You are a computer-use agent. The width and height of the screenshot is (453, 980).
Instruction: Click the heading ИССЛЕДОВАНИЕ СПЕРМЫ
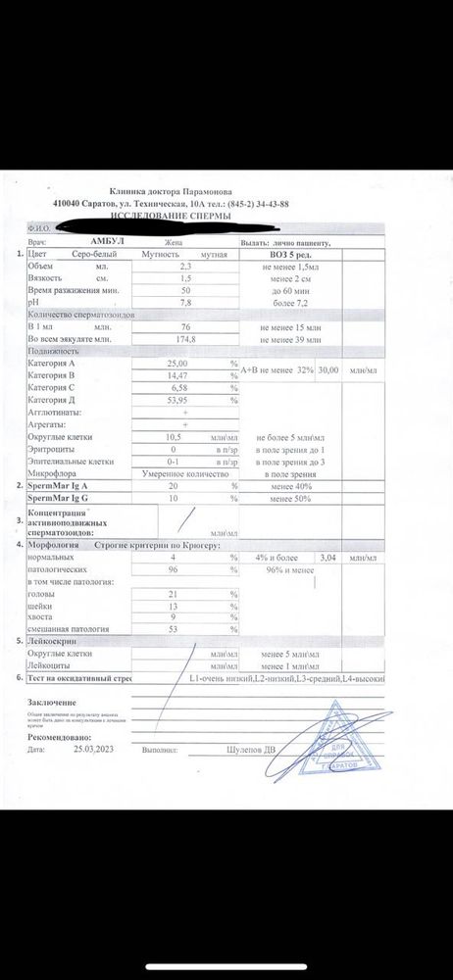point(171,214)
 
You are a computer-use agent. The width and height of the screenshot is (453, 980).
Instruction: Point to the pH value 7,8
point(185,304)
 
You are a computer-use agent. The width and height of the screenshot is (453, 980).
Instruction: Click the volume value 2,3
point(185,266)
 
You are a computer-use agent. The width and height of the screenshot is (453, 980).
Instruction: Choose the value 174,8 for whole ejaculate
point(185,339)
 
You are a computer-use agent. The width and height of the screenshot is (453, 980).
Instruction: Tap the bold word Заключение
point(52,703)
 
